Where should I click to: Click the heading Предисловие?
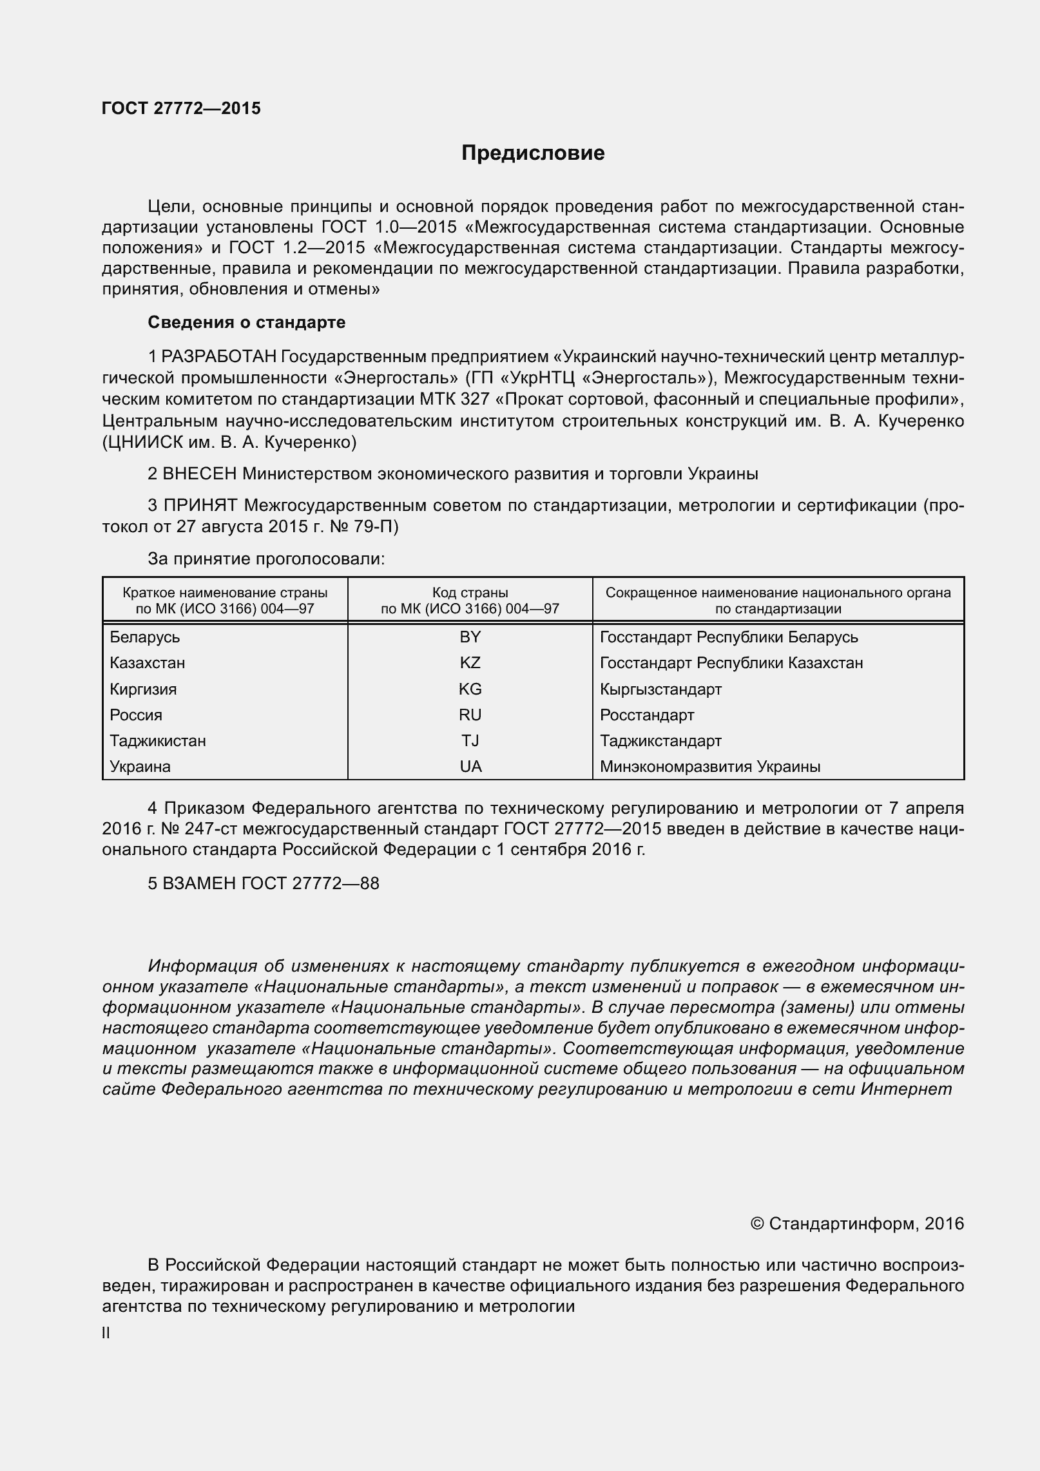[533, 153]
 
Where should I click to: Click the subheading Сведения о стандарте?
[246, 322]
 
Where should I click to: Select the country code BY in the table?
[470, 637]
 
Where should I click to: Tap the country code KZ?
[470, 663]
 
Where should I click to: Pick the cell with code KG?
[470, 689]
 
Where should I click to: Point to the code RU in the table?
[470, 715]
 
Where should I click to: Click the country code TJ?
[470, 740]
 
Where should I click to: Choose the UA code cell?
[470, 767]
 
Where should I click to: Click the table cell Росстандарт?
[647, 715]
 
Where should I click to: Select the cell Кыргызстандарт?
[660, 689]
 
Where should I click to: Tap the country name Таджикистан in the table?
[158, 740]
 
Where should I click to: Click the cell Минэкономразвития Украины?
[710, 767]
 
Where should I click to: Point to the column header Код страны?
[470, 592]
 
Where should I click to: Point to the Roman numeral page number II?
[106, 1333]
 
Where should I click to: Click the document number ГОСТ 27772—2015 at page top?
[181, 108]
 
